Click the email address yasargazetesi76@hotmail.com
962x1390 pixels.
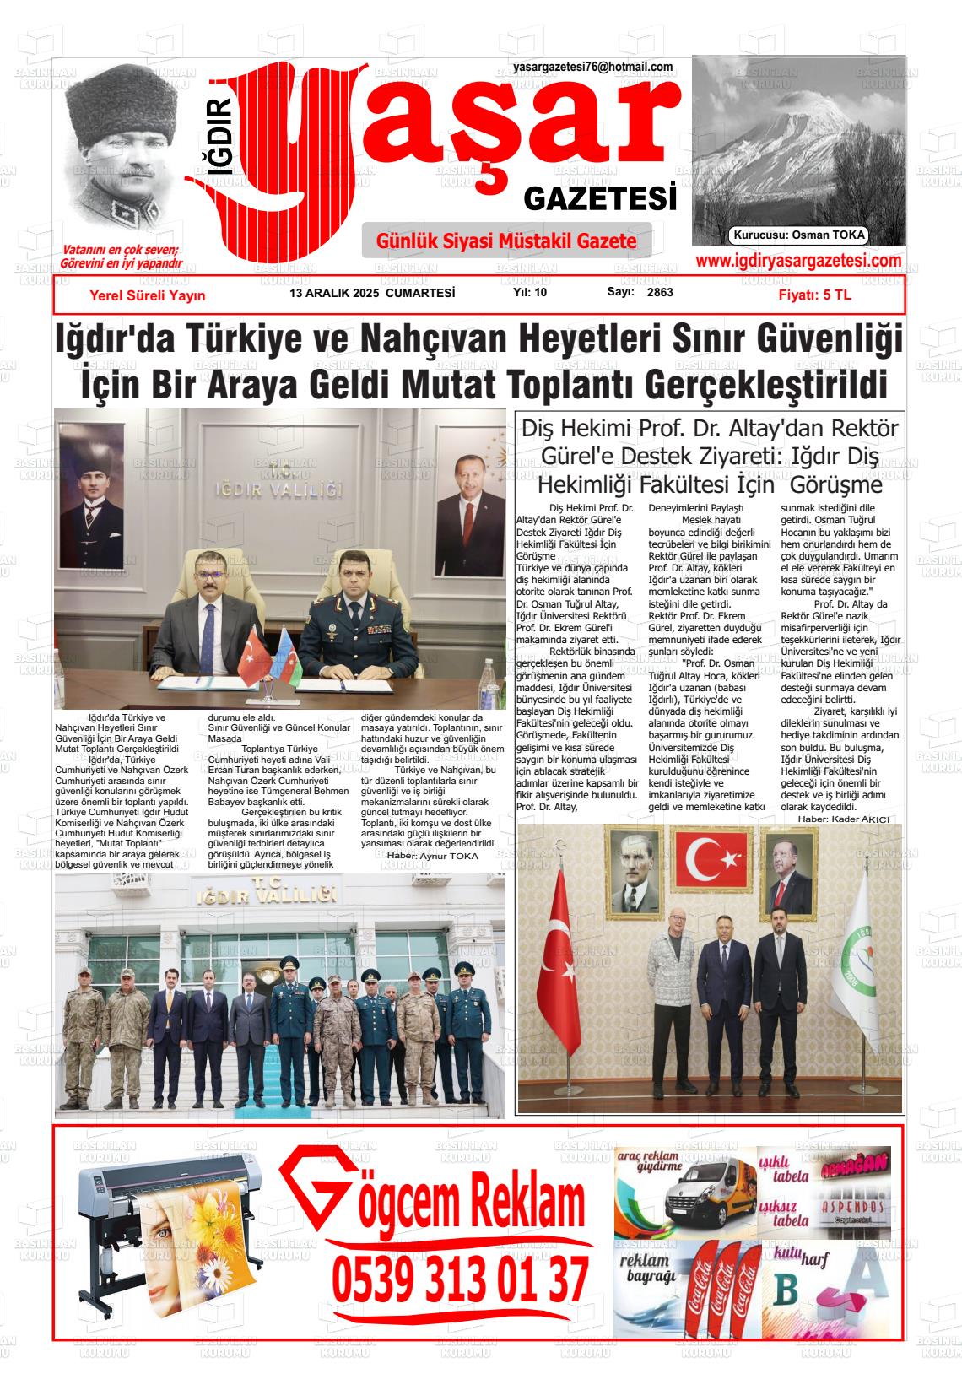pos(592,68)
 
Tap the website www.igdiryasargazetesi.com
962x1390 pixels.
pos(798,262)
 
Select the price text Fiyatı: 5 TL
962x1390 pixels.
pos(814,295)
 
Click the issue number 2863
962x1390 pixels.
pos(660,293)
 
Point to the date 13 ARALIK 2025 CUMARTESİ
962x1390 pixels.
pos(372,293)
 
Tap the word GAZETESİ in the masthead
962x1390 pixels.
pos(600,199)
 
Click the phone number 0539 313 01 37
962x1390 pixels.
pos(460,1279)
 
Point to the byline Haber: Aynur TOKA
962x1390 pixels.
pos(432,856)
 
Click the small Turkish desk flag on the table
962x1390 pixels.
pos(251,654)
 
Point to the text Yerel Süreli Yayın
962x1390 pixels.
pos(148,295)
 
